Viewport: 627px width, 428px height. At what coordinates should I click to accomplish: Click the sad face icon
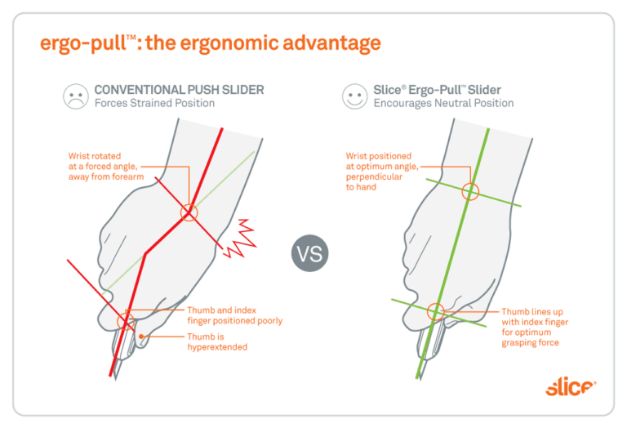pyautogui.click(x=76, y=96)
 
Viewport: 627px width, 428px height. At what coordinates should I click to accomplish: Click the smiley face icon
pyautogui.click(x=354, y=96)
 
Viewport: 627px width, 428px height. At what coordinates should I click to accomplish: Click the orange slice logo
pyautogui.click(x=571, y=386)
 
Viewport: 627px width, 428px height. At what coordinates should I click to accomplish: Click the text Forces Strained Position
pyautogui.click(x=154, y=104)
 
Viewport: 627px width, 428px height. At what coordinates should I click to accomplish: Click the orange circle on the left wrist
pyautogui.click(x=189, y=212)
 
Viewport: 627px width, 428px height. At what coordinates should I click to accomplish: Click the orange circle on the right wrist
pyautogui.click(x=469, y=193)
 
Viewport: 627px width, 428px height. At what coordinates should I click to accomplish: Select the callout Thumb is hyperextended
pyautogui.click(x=217, y=341)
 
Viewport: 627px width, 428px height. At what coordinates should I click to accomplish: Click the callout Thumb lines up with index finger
pyautogui.click(x=536, y=327)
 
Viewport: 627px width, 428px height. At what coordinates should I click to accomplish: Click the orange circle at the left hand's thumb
pyautogui.click(x=125, y=321)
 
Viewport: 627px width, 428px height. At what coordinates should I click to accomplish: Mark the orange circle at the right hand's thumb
pyautogui.click(x=435, y=310)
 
